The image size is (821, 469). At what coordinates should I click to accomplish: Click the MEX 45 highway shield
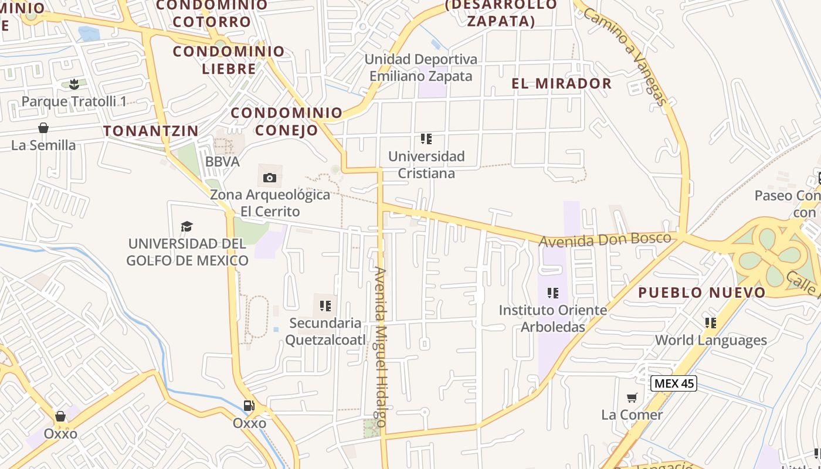point(674,384)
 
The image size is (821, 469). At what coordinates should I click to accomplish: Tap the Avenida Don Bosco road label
point(605,239)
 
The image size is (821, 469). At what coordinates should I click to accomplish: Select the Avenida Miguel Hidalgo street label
point(381,347)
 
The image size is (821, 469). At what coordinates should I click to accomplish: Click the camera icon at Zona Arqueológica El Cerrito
point(270,178)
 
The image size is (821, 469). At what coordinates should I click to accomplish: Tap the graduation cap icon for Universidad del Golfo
point(186,226)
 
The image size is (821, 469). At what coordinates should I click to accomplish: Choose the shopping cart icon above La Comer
point(632,398)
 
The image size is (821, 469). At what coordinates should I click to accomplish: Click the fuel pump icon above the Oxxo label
point(249,406)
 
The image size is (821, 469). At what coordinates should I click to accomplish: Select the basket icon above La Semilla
point(43,128)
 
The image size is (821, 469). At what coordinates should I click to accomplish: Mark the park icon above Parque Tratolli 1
point(74,84)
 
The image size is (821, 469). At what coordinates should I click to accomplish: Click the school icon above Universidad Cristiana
point(426,139)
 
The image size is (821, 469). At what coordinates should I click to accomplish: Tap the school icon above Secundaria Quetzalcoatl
point(325,305)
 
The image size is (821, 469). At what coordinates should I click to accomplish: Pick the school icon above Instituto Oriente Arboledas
point(552,293)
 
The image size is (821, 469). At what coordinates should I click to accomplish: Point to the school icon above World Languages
point(710,322)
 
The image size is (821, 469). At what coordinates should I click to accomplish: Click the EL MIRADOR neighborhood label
point(561,83)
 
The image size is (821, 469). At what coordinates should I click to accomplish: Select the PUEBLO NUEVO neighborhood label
point(701,292)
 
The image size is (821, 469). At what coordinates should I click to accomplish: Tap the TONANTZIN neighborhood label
point(151,131)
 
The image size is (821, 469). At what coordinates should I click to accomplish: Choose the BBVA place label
point(222,162)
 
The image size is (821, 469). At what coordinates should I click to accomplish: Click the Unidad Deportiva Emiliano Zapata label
point(420,67)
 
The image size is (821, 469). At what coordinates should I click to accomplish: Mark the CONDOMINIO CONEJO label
point(286,121)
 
